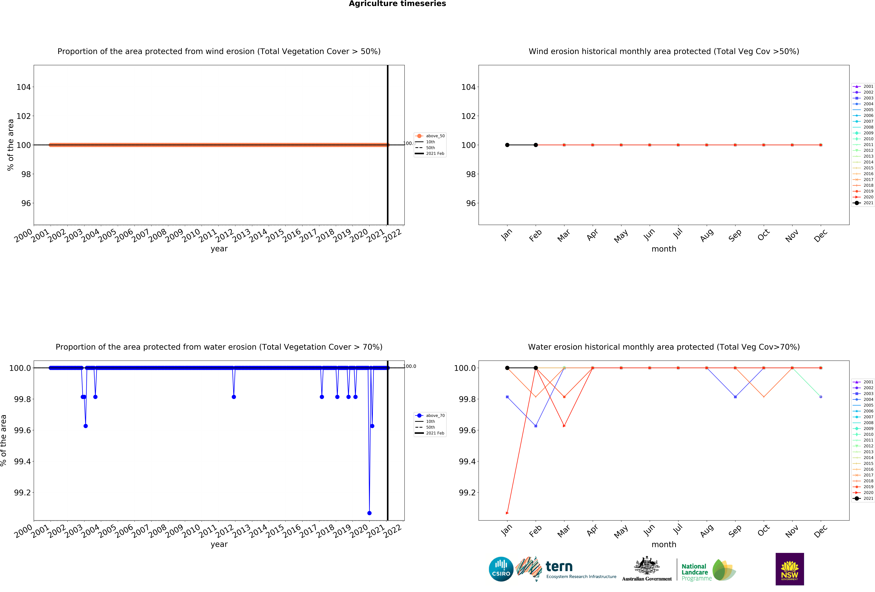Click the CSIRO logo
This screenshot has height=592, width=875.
pyautogui.click(x=501, y=569)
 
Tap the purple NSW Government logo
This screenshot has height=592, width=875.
pyautogui.click(x=790, y=569)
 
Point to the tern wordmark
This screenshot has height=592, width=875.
pyautogui.click(x=559, y=566)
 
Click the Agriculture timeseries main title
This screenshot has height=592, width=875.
pyautogui.click(x=397, y=4)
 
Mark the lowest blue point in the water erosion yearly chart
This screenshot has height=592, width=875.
pyautogui.click(x=369, y=513)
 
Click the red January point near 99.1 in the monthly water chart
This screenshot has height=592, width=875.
pyautogui.click(x=507, y=513)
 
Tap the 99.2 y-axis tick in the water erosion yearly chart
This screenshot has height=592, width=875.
pyautogui.click(x=23, y=492)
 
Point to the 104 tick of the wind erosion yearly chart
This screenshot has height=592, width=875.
pyautogui.click(x=23, y=87)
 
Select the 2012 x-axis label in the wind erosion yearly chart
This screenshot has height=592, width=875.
pyautogui.click(x=224, y=236)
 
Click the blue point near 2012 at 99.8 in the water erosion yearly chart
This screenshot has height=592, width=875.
pyautogui.click(x=234, y=397)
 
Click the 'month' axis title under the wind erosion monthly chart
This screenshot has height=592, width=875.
pyautogui.click(x=664, y=249)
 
